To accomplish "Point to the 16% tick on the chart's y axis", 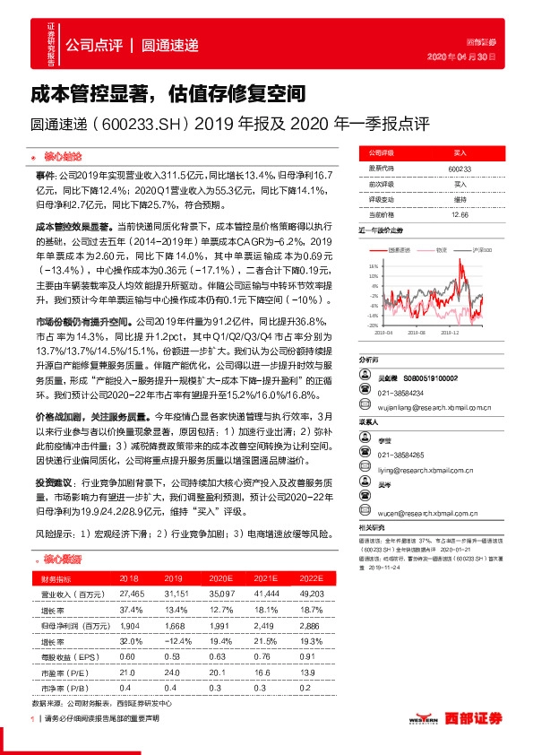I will pyautogui.click(x=373, y=267).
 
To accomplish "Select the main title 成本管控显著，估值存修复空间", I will pyautogui.click(x=169, y=92).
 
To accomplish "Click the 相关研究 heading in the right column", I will pyautogui.click(x=371, y=527).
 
